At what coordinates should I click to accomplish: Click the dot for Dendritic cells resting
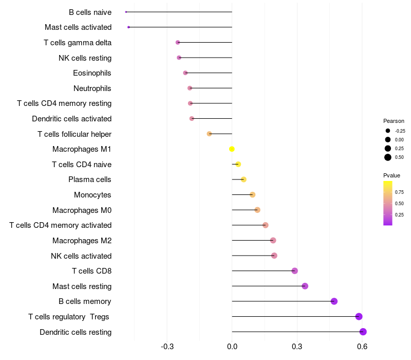point(363,332)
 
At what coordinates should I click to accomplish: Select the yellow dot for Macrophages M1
point(232,149)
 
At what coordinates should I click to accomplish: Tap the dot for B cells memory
point(334,301)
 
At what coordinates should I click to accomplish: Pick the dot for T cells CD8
point(294,271)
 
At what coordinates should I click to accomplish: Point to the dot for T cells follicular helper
point(209,134)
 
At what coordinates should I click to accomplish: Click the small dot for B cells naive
point(126,12)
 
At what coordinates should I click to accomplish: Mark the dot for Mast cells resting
point(305,286)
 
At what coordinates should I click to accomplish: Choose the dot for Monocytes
point(252,194)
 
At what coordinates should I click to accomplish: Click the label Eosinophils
point(92,73)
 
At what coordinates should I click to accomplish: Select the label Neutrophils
point(92,88)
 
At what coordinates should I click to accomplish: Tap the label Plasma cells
point(90,179)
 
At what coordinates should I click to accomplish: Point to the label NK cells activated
point(81,256)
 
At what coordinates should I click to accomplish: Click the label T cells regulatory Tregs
point(69,317)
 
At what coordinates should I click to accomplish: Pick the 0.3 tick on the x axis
point(297,347)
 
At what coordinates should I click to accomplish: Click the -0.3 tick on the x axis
point(167,347)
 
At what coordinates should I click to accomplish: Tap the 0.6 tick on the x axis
point(362,347)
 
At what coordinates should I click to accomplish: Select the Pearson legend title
point(394,121)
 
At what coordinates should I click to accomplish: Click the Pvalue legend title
point(392,175)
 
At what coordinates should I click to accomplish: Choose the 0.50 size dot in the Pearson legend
point(387,157)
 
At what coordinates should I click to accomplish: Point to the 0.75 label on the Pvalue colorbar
point(399,192)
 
